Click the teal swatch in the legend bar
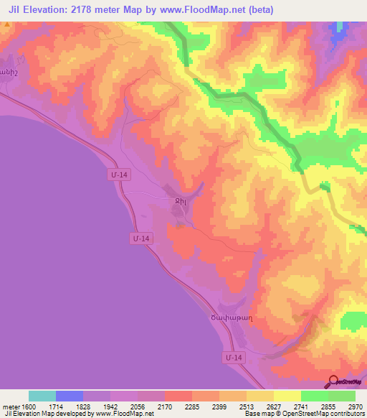(x=42, y=396)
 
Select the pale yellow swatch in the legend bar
(x=287, y=396)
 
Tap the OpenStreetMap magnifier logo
(x=333, y=381)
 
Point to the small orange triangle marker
(x=7, y=24)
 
